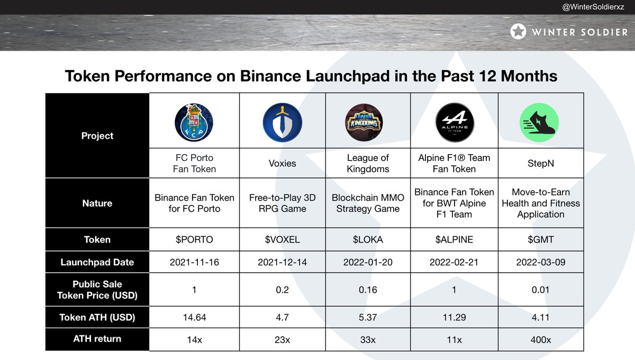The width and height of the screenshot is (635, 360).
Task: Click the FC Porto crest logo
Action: (194, 122)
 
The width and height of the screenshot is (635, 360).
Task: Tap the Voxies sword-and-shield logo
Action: (282, 122)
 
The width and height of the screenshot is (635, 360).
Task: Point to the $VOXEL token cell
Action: (282, 239)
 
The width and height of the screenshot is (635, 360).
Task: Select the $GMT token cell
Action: (540, 239)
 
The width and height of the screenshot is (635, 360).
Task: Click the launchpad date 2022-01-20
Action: (368, 262)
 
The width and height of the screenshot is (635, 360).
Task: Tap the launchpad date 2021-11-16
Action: (194, 262)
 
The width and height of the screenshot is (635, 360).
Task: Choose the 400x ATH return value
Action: (540, 339)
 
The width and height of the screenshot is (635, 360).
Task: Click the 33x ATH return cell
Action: (368, 339)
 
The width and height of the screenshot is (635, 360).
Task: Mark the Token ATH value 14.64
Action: (194, 317)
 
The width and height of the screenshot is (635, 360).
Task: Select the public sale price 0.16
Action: (368, 290)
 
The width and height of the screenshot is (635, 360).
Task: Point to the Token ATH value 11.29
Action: (454, 317)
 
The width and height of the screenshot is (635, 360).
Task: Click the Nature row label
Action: (97, 203)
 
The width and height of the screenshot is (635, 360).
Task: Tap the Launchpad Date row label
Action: (97, 262)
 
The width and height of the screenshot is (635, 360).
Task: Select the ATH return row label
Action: (97, 339)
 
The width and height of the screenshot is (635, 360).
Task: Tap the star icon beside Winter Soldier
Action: (518, 32)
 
